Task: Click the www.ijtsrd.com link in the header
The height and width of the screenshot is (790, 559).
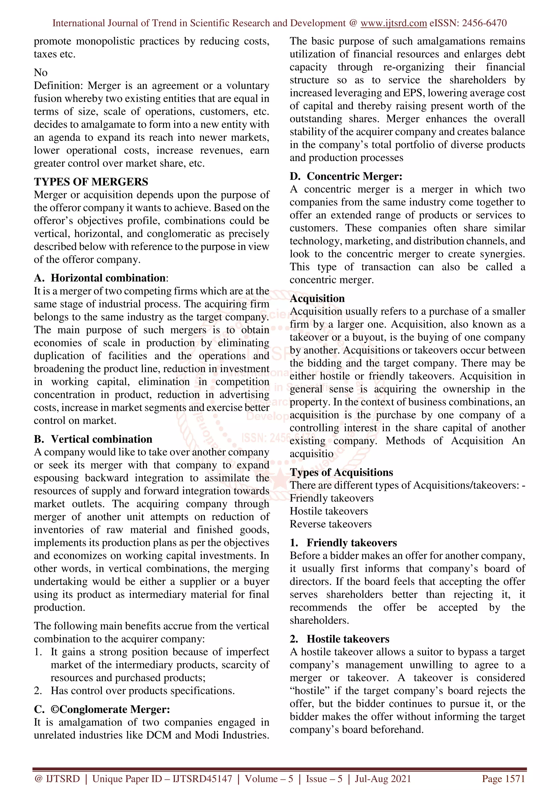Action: pos(394,23)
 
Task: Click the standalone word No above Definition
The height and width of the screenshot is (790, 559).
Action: pos(41,73)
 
